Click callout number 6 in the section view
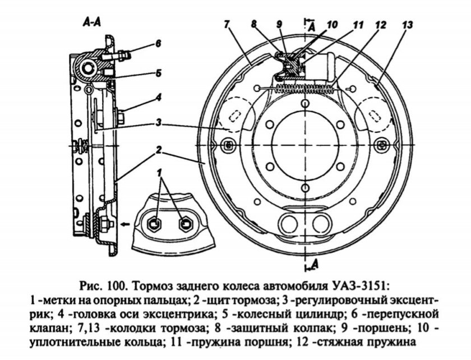coord(159,43)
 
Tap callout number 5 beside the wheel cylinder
coord(159,72)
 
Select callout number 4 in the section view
coord(159,97)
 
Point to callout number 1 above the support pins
coord(162,170)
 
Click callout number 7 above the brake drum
coord(227,24)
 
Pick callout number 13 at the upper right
coord(408,24)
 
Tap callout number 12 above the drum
coord(381,25)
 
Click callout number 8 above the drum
coord(253,24)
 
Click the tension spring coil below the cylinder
coord(303,87)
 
